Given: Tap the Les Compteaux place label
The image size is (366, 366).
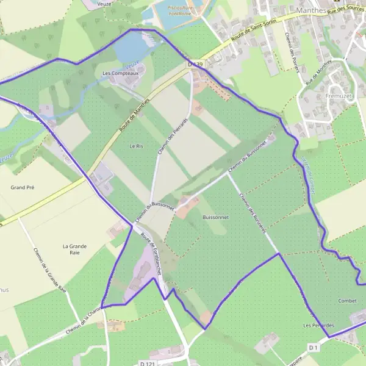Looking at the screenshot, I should pyautogui.click(x=120, y=74).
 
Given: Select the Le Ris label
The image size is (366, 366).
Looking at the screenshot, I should pyautogui.click(x=135, y=146).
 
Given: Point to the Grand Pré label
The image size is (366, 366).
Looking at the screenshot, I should pyautogui.click(x=22, y=187).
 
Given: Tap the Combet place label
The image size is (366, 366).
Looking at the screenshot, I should pyautogui.click(x=346, y=301).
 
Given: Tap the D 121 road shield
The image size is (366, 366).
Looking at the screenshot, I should pyautogui.click(x=146, y=363).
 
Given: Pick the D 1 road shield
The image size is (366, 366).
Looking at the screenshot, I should pyautogui.click(x=314, y=347).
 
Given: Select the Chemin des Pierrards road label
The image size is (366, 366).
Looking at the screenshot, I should pyautogui.click(x=163, y=137).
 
